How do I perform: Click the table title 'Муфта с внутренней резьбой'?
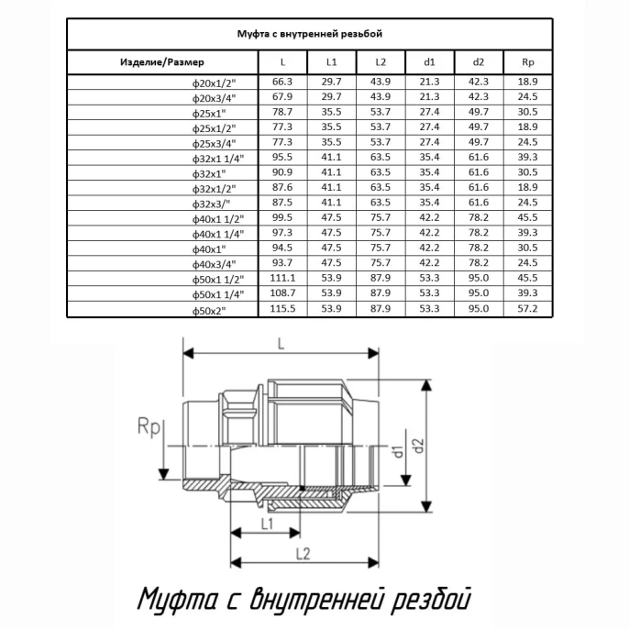pyautogui.click(x=309, y=34)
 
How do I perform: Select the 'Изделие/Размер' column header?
pyautogui.click(x=162, y=62)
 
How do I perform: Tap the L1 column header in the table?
pyautogui.click(x=331, y=62)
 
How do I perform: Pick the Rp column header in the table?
pyautogui.click(x=528, y=62)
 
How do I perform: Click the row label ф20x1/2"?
pyautogui.click(x=214, y=83)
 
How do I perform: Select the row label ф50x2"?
pyautogui.click(x=209, y=311)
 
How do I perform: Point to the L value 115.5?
pyautogui.click(x=282, y=308)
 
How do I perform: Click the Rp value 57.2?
pyautogui.click(x=527, y=308)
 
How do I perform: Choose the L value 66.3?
pyautogui.click(x=282, y=82)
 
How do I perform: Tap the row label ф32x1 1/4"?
pyautogui.click(x=218, y=159)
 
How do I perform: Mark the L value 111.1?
pyautogui.click(x=282, y=278)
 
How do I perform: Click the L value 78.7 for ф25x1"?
pyautogui.click(x=282, y=112)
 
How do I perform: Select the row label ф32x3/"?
pyautogui.click(x=211, y=204)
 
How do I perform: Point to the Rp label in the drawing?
pyautogui.click(x=149, y=427)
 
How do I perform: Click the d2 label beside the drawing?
pyautogui.click(x=419, y=445)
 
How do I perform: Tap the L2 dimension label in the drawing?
pyautogui.click(x=303, y=554)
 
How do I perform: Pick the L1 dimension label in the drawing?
pyautogui.click(x=267, y=524)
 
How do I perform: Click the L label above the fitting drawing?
pyautogui.click(x=281, y=344)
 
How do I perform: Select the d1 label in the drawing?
pyautogui.click(x=398, y=451)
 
